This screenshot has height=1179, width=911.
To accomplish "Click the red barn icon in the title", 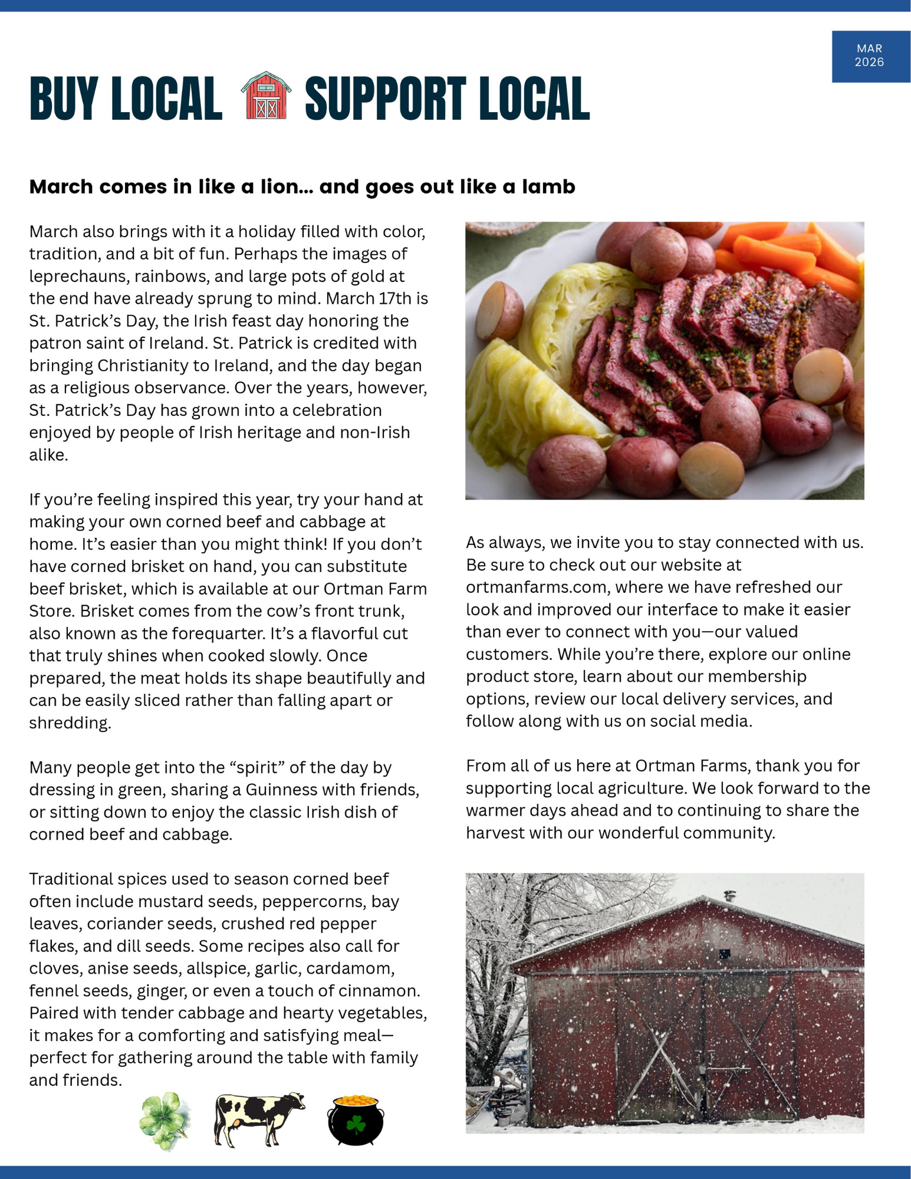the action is click(x=265, y=96).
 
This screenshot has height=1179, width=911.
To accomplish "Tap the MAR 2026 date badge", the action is click(x=870, y=56).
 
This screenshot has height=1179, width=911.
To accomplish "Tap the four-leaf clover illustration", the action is click(x=165, y=1120).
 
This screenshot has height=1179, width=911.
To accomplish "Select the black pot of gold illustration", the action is click(x=356, y=1120).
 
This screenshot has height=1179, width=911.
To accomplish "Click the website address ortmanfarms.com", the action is click(x=536, y=587).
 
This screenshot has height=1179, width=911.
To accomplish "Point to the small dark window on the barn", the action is click(x=724, y=954).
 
